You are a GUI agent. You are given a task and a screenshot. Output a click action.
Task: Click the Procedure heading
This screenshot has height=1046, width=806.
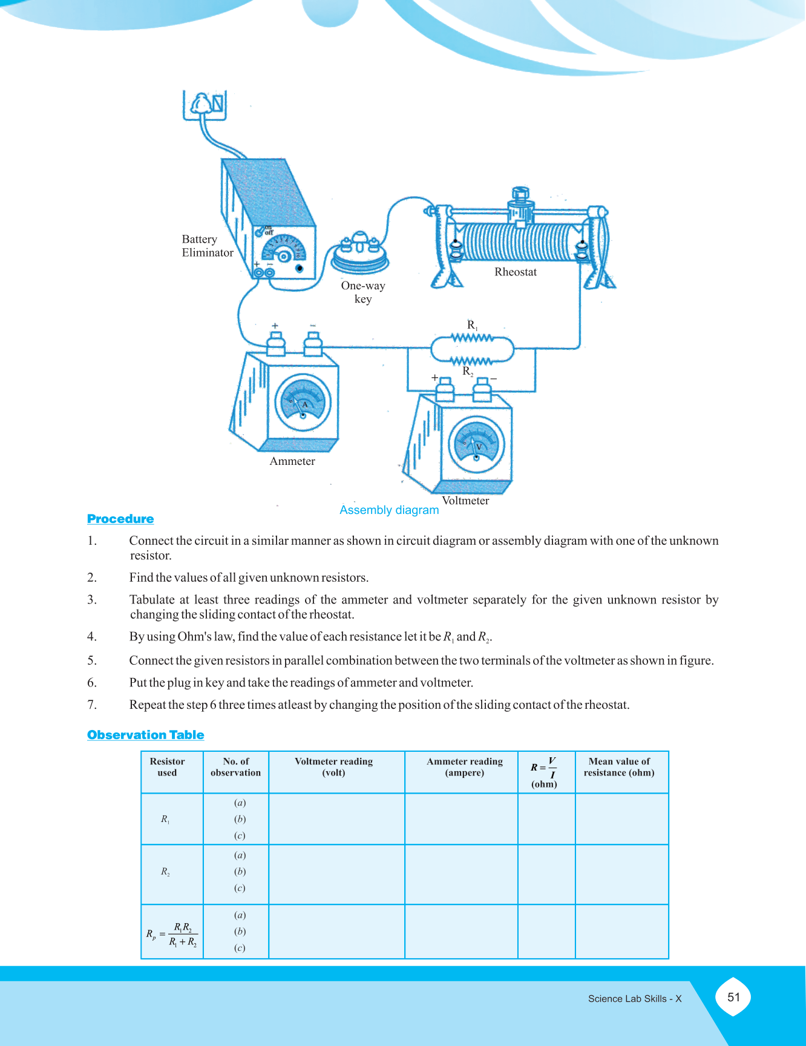click(x=120, y=519)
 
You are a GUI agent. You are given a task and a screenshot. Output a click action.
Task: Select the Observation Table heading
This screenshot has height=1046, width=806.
click(x=145, y=735)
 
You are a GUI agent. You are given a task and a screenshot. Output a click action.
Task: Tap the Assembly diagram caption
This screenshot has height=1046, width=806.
click(x=389, y=510)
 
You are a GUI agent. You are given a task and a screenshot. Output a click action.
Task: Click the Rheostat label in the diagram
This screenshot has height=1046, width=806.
click(x=515, y=272)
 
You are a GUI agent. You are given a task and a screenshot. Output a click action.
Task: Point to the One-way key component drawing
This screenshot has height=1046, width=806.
click(x=360, y=254)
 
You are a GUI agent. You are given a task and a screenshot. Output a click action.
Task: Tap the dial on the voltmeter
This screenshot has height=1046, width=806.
click(x=476, y=444)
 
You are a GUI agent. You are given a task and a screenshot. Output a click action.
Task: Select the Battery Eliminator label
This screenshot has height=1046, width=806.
click(x=207, y=246)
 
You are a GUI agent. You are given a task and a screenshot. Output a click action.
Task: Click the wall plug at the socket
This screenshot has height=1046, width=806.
click(x=202, y=105)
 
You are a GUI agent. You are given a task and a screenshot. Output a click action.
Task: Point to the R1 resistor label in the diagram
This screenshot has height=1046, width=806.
click(x=472, y=325)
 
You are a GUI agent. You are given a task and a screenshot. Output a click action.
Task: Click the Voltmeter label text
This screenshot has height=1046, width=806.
click(x=465, y=501)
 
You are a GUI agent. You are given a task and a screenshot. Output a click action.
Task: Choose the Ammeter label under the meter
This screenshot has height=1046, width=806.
click(x=292, y=461)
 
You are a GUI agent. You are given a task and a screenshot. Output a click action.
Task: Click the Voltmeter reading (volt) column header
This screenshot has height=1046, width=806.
click(x=333, y=767)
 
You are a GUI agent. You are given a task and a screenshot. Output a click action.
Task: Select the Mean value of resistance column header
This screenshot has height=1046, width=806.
click(x=619, y=767)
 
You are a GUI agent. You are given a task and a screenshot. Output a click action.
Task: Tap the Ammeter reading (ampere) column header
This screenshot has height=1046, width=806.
click(x=464, y=767)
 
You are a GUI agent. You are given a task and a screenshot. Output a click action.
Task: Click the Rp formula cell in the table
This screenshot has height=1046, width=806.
click(x=172, y=934)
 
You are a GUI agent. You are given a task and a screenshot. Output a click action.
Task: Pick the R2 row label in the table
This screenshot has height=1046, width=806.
click(x=165, y=872)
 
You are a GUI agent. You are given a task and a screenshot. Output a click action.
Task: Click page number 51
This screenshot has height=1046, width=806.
click(x=733, y=997)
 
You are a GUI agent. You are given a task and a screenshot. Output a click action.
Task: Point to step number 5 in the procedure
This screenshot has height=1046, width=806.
click(x=92, y=660)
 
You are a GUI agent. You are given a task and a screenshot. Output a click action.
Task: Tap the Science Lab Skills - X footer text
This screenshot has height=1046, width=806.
click(x=635, y=999)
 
